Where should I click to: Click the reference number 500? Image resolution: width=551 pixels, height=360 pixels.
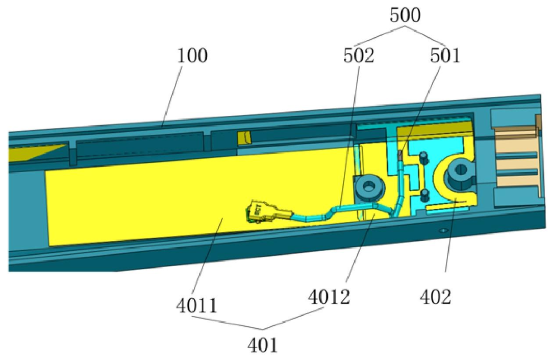405,16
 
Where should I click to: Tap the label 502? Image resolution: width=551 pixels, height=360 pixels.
359,56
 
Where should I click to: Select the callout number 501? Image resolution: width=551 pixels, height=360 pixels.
445,56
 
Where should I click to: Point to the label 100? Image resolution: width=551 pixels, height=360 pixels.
192,56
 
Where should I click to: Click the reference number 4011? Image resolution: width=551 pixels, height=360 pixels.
197,305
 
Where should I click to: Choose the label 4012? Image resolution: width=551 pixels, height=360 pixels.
329,297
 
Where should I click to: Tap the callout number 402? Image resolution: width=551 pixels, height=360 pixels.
435,297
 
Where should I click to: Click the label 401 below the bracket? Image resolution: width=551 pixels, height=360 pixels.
263,345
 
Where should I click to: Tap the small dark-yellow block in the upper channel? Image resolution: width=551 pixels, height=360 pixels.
244,137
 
